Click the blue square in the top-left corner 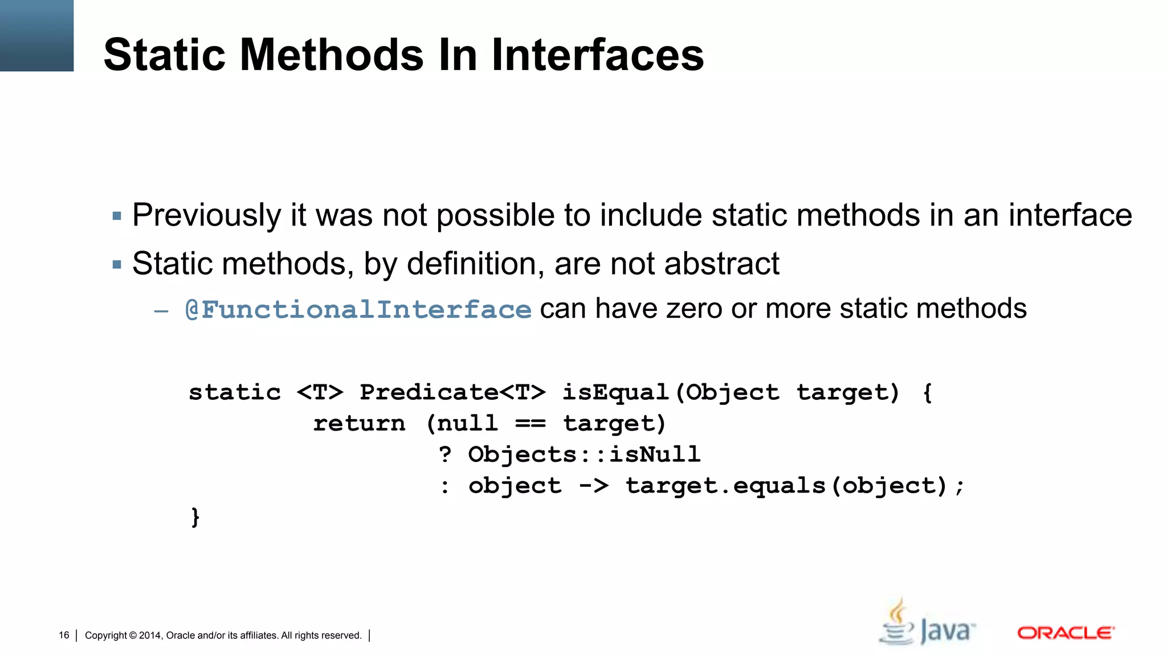pyautogui.click(x=36, y=35)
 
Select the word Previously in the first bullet pyautogui.click(x=206, y=216)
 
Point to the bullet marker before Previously pyautogui.click(x=117, y=216)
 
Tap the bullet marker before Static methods pyautogui.click(x=117, y=265)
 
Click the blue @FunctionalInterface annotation pyautogui.click(x=358, y=310)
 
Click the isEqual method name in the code pyautogui.click(x=615, y=392)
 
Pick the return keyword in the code pyautogui.click(x=359, y=424)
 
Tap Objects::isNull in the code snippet pyautogui.click(x=584, y=454)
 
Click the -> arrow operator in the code pyautogui.click(x=594, y=486)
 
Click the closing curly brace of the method pyautogui.click(x=195, y=517)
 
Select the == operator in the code pyautogui.click(x=530, y=424)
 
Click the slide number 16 pyautogui.click(x=64, y=635)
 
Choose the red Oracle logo pyautogui.click(x=1066, y=633)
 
